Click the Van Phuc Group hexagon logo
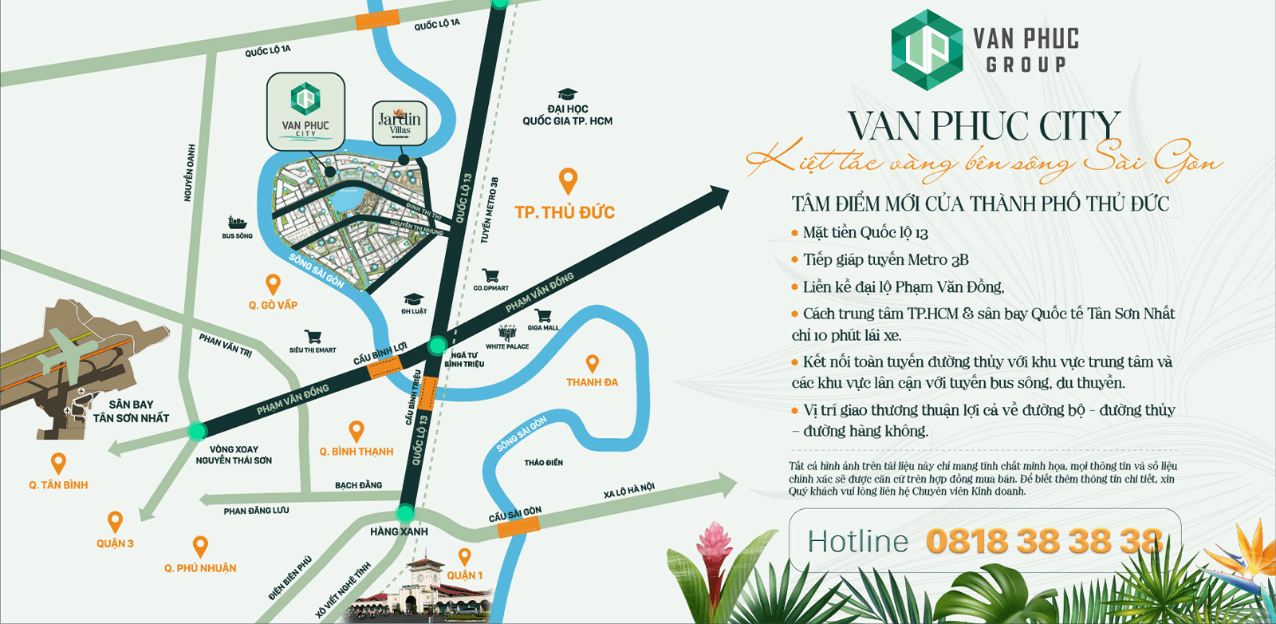927,49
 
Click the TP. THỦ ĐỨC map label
565,212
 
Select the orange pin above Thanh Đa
593,364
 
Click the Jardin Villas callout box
400,123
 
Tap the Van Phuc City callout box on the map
305,112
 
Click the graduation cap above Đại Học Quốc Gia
567,94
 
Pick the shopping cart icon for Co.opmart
490,275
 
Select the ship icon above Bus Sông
237,222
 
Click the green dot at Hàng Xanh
406,512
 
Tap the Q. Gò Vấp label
273,305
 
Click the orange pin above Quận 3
116,522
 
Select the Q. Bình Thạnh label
356,452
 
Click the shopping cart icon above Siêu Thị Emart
313,337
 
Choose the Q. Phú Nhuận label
200,568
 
